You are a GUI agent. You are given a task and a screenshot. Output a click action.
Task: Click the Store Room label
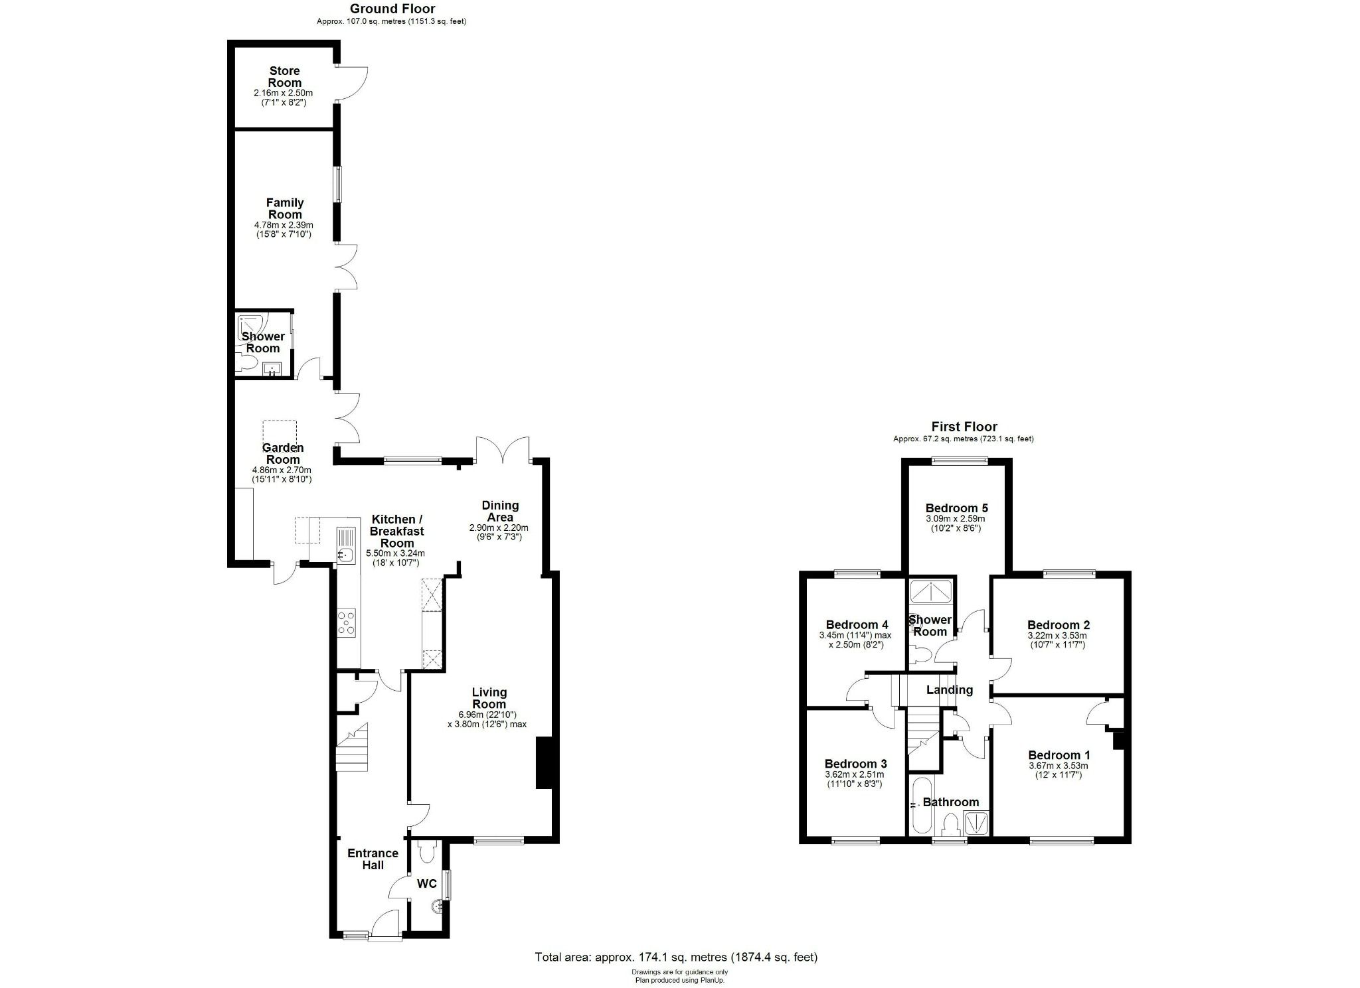click(284, 77)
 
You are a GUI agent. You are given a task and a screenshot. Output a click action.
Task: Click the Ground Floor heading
click(392, 9)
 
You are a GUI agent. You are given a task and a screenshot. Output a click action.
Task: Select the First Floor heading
click(964, 427)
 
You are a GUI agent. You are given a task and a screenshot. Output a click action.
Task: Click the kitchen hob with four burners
click(346, 623)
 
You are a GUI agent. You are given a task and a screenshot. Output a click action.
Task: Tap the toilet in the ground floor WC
click(428, 852)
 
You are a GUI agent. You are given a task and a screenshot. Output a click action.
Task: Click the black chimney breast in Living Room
click(544, 762)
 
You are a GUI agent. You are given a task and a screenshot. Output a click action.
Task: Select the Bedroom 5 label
click(956, 508)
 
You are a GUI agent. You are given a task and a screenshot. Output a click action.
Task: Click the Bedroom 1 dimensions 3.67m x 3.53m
click(1059, 766)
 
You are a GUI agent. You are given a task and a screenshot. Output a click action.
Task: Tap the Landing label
click(949, 690)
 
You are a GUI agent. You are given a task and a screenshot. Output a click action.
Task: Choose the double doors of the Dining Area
click(503, 449)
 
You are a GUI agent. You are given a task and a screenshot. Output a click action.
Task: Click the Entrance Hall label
click(373, 859)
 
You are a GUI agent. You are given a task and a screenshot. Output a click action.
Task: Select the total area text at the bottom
click(676, 957)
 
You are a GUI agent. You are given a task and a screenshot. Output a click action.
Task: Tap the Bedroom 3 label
click(855, 764)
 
